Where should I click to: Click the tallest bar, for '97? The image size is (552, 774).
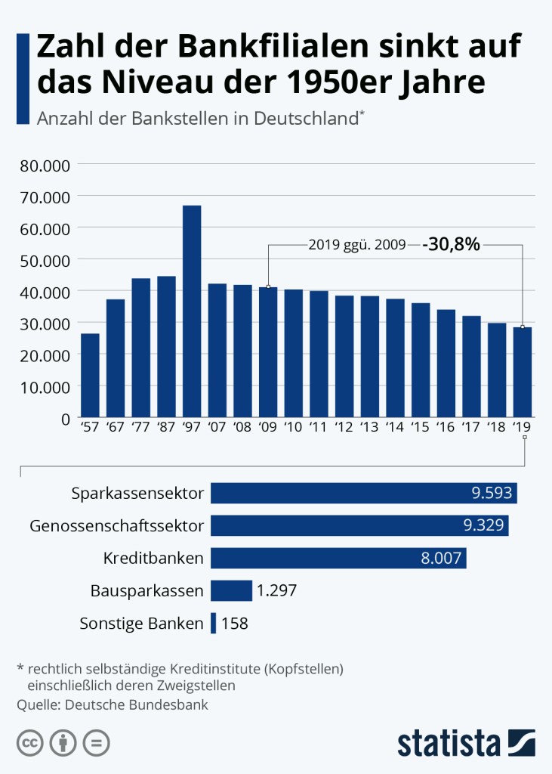[192, 311]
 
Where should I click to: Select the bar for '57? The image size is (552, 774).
[90, 375]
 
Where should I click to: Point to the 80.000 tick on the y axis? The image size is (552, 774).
[43, 165]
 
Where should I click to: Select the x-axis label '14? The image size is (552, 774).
[395, 427]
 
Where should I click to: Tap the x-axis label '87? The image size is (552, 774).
[166, 427]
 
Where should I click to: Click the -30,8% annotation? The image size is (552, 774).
[452, 244]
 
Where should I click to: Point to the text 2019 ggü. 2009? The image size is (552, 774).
[357, 245]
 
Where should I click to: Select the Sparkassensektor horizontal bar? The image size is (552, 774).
[364, 494]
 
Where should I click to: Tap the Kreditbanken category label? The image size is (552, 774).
[153, 559]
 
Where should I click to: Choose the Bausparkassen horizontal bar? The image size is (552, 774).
[231, 590]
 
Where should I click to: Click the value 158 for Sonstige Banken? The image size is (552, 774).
[234, 624]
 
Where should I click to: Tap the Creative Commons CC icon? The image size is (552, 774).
[29, 742]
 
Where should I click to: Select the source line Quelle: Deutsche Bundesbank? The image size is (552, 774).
[112, 704]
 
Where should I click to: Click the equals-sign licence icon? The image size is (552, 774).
[96, 742]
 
